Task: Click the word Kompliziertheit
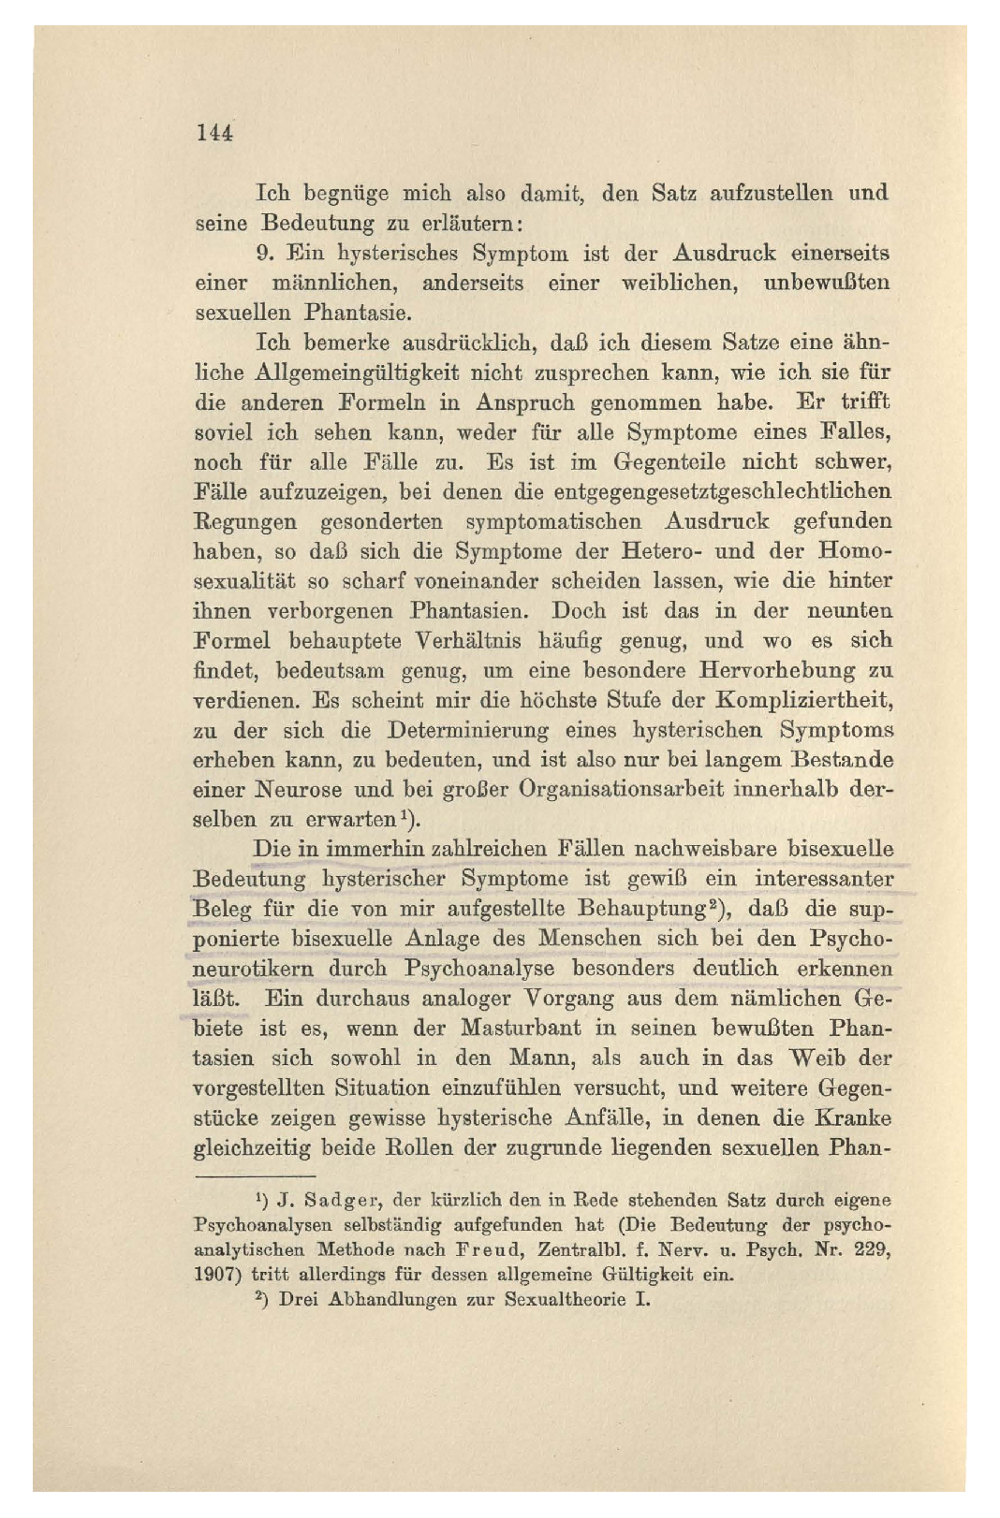(803, 700)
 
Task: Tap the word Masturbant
(521, 1028)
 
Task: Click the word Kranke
(852, 1117)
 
